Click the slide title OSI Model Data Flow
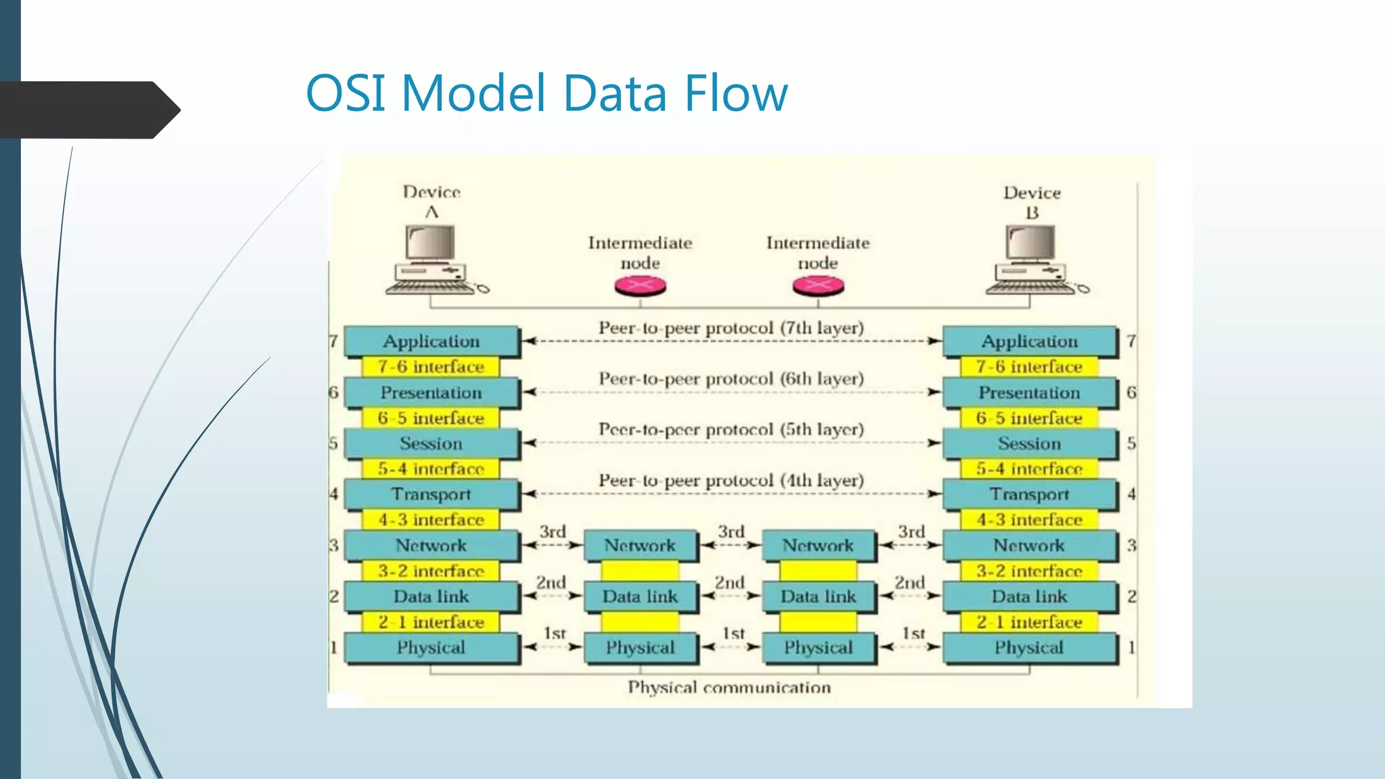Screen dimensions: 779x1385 [546, 93]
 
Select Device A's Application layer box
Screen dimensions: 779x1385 [431, 341]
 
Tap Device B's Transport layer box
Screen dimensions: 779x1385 [1029, 494]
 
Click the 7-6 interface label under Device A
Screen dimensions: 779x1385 [431, 367]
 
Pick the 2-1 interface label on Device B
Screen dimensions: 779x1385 [1029, 622]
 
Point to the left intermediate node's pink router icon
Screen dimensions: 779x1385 [640, 287]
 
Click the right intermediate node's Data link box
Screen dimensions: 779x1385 [818, 596]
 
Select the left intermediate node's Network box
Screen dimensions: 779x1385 [640, 546]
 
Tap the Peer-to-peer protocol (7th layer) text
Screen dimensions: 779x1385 [731, 329]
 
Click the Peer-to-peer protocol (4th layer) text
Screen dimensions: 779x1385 [731, 481]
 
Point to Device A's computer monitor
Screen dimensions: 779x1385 [430, 243]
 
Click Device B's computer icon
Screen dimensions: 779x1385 [1031, 260]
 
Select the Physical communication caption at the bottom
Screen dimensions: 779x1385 [729, 688]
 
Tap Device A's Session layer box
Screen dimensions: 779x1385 [431, 444]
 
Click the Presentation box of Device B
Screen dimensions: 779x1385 [1029, 393]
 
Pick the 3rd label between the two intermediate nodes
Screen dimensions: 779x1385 [730, 532]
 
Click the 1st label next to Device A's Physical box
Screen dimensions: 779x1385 [555, 634]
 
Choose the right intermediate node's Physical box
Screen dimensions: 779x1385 [818, 648]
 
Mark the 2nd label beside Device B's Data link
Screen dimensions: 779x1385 [909, 583]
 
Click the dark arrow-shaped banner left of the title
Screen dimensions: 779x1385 [88, 110]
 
